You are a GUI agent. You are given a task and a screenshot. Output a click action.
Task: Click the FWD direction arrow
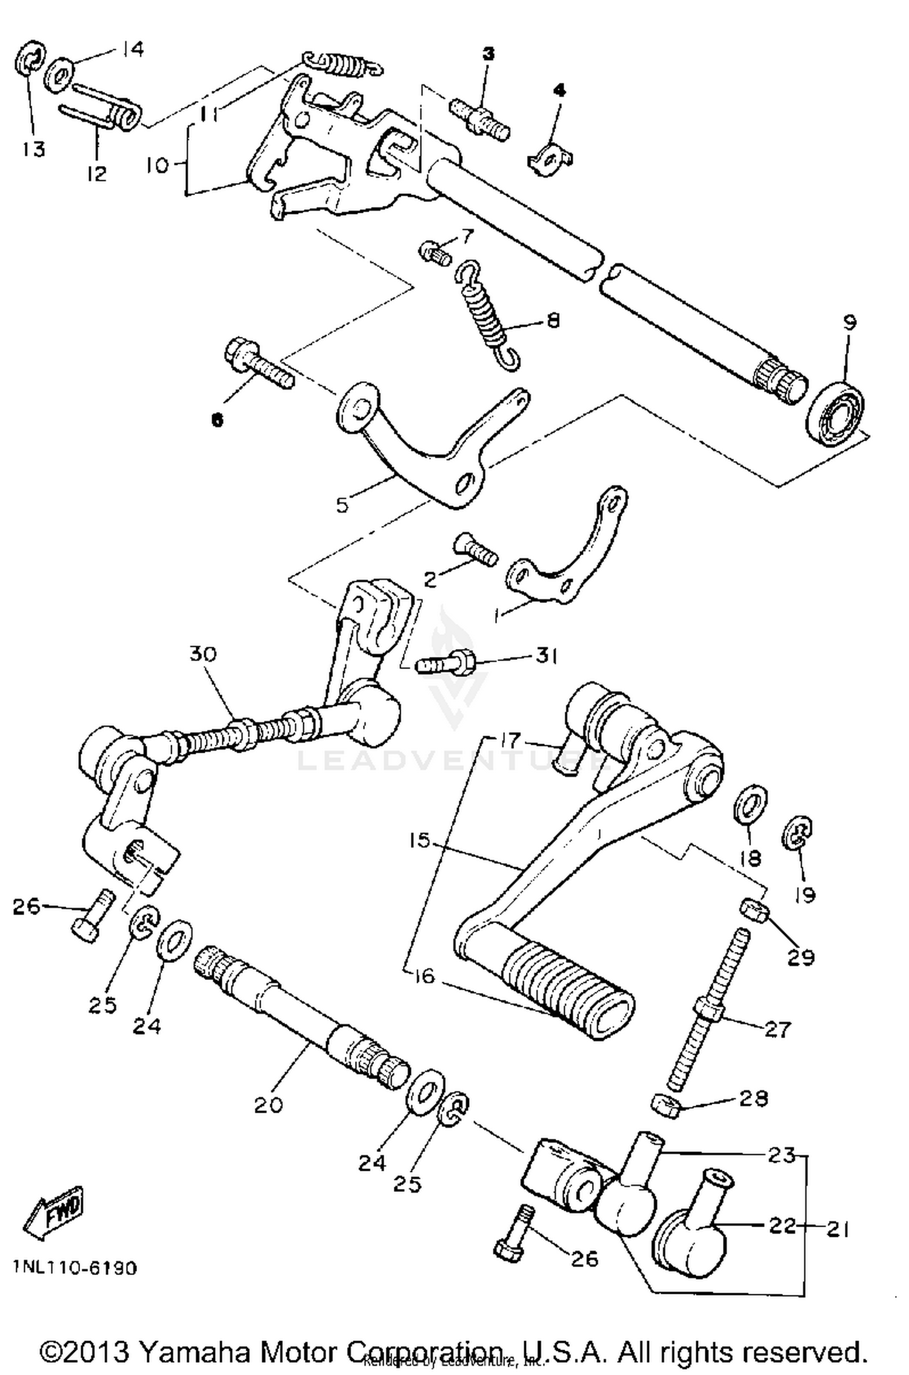point(53,1210)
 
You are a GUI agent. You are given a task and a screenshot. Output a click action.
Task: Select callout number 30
point(202,654)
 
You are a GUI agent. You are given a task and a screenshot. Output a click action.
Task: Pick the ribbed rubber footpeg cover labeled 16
point(564,988)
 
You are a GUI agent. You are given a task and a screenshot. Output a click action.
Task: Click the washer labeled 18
point(751,805)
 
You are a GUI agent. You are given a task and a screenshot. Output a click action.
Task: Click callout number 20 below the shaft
point(268,1104)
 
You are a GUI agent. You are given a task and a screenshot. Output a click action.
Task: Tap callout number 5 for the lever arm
point(342,504)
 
